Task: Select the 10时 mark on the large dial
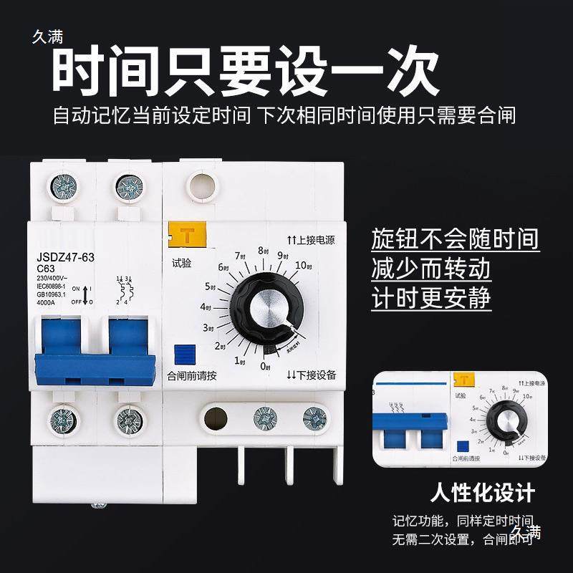tap(303, 266)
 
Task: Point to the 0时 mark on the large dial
tap(264, 367)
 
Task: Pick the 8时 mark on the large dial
tap(263, 251)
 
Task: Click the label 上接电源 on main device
tap(311, 241)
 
